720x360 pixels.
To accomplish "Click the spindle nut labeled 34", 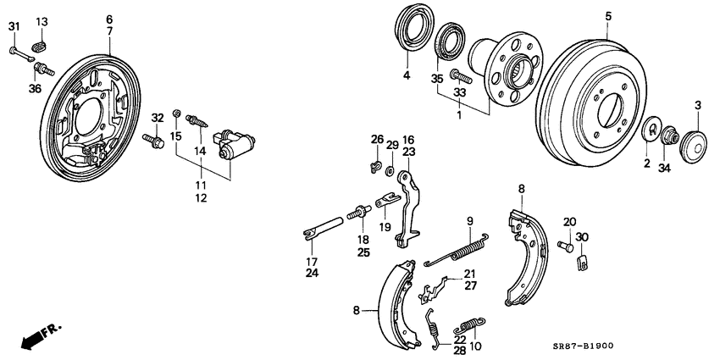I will [669, 135].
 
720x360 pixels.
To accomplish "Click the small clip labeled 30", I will [582, 262].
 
